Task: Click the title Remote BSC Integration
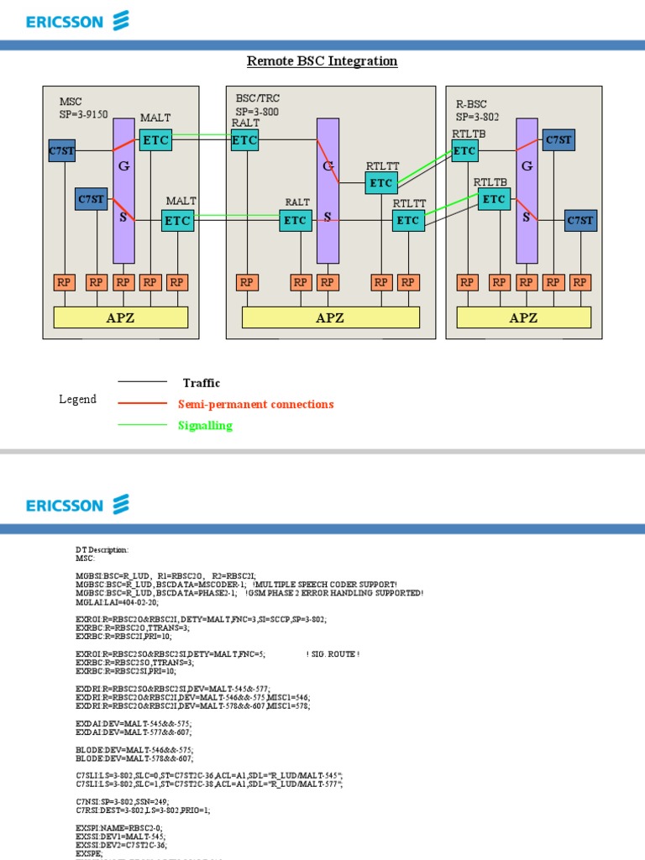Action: click(x=322, y=61)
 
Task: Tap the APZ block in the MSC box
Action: click(x=121, y=317)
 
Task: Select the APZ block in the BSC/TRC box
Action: click(x=330, y=317)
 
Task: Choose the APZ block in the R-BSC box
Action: click(x=523, y=317)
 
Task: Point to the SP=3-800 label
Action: click(x=257, y=111)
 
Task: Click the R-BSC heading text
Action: click(x=471, y=104)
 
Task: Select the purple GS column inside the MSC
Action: click(x=123, y=190)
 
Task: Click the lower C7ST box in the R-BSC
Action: click(x=580, y=220)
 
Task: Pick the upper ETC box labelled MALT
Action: click(x=155, y=140)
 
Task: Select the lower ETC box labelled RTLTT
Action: click(x=407, y=220)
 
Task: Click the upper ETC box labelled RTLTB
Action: click(x=464, y=151)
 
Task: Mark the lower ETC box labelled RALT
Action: click(x=295, y=220)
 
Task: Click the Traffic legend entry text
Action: click(x=202, y=383)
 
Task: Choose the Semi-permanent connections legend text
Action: click(x=255, y=404)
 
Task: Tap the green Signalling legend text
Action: click(x=205, y=426)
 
